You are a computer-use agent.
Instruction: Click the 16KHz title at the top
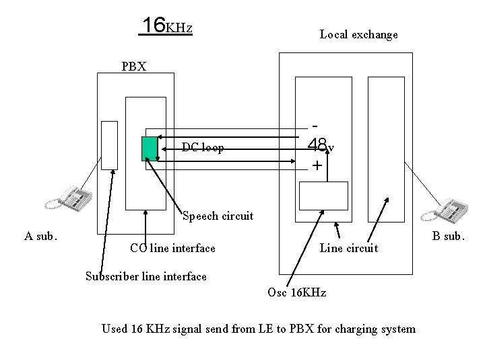(x=166, y=26)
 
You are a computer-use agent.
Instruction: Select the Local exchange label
(x=358, y=34)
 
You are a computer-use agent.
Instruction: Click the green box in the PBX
(x=149, y=148)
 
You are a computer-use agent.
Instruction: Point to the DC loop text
(x=203, y=147)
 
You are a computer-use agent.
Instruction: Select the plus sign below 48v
(x=315, y=165)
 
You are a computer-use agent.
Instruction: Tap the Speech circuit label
(x=218, y=216)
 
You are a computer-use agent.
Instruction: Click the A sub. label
(x=40, y=236)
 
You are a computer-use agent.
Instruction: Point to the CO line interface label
(x=173, y=249)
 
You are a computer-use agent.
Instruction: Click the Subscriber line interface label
(x=145, y=276)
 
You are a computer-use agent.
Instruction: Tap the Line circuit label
(x=348, y=249)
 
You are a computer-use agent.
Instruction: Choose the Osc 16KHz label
(x=296, y=293)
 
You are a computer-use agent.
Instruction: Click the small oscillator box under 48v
(x=323, y=196)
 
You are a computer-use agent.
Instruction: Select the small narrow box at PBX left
(x=109, y=145)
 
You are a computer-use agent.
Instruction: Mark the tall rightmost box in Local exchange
(x=387, y=148)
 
